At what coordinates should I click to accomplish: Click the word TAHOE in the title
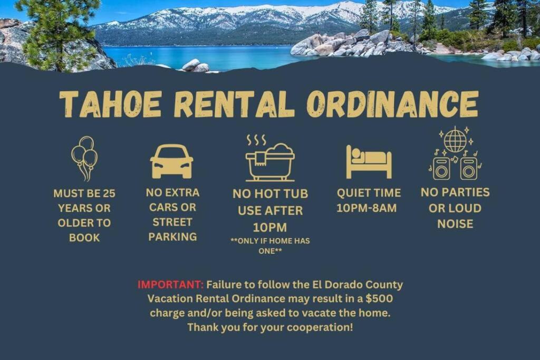[x=111, y=104]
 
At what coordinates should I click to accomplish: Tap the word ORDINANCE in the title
[x=392, y=104]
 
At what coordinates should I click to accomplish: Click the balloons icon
[x=84, y=159]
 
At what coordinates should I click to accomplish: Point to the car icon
[x=171, y=161]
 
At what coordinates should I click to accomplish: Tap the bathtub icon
[x=270, y=162]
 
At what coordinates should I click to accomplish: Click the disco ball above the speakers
[x=455, y=140]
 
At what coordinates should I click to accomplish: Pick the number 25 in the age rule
[x=109, y=193]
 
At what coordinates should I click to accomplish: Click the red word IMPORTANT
[x=170, y=285]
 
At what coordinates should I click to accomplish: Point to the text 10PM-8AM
[x=367, y=208]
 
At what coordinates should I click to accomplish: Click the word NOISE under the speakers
[x=455, y=224]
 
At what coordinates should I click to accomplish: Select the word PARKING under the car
[x=172, y=237]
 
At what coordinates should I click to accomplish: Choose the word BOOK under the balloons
[x=84, y=238]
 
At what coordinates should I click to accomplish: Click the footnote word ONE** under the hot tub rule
[x=270, y=251]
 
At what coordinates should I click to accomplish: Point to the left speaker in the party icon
[x=441, y=169]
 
